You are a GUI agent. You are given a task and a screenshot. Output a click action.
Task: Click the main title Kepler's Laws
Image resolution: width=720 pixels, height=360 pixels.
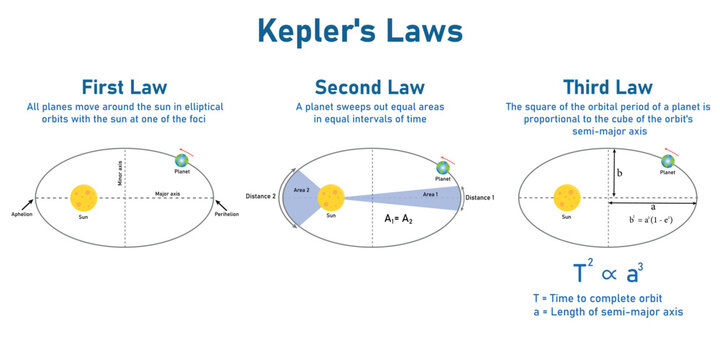(x=359, y=29)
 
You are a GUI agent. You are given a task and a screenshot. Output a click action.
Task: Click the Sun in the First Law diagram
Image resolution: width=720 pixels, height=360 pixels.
(x=84, y=196)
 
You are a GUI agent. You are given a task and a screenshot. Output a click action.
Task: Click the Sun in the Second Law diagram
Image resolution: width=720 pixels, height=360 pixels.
(x=331, y=197)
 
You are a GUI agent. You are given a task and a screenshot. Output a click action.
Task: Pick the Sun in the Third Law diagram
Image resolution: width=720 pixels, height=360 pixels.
(x=567, y=192)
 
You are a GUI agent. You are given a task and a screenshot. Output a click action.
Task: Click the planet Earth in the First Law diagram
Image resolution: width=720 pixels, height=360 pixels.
(x=182, y=160)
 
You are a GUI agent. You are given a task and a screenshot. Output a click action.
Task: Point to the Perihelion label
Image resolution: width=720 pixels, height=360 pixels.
(x=229, y=214)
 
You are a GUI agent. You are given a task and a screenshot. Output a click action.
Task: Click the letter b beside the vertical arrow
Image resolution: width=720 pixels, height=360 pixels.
(x=620, y=173)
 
